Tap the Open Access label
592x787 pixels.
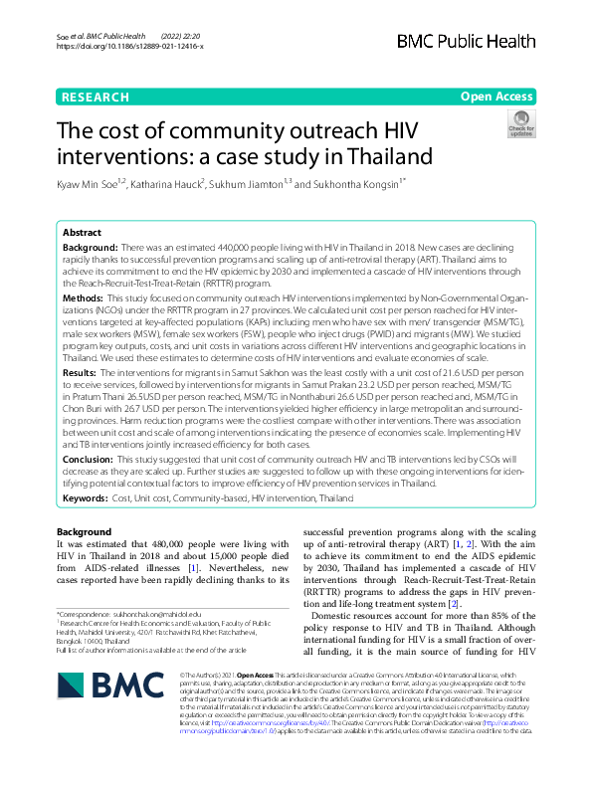(495, 97)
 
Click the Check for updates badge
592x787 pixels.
(520, 124)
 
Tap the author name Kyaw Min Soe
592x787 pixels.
(93, 184)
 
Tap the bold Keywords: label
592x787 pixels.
(89, 496)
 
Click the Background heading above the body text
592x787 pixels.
(84, 533)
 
